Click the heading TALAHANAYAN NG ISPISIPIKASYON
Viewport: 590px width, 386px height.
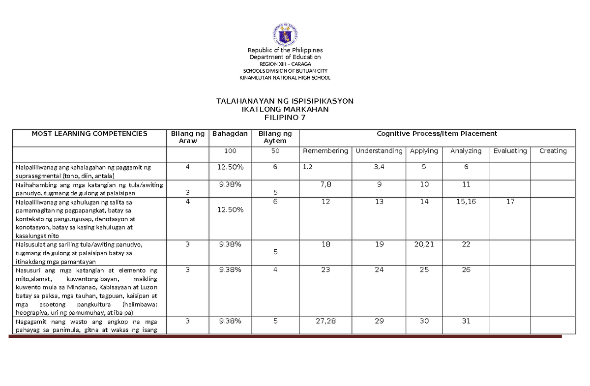pos(285,101)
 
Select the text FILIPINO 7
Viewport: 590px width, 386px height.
pos(285,118)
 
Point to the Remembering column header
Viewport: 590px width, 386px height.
pos(325,151)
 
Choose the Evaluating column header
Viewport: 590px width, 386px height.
pos(510,151)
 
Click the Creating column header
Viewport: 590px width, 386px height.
pos(553,151)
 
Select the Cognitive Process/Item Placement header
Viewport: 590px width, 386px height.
pos(437,133)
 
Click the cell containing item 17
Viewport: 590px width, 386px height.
pos(510,202)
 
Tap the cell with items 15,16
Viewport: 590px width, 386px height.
pos(466,202)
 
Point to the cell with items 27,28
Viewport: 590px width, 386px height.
pos(325,321)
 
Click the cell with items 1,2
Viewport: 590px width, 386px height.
pos(308,167)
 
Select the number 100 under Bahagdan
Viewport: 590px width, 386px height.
pos(230,151)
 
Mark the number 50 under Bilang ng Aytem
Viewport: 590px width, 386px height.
pos(275,151)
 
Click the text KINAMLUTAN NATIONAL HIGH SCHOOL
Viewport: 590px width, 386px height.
pos(285,78)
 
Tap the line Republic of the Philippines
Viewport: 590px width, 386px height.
pos(285,50)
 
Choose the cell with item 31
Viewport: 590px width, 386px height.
pos(466,321)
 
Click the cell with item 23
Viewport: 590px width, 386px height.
pos(325,269)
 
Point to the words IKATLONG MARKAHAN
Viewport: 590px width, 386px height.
pos(285,109)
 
